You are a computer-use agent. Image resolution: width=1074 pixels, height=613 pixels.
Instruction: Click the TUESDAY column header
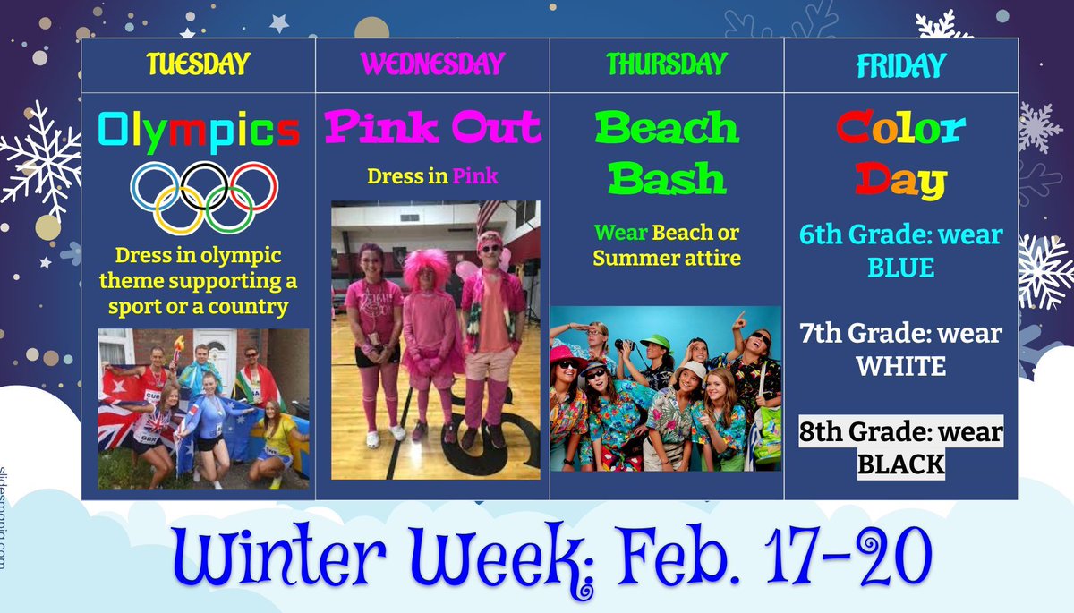click(x=198, y=64)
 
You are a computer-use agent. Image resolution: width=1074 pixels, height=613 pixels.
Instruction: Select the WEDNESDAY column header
click(x=432, y=64)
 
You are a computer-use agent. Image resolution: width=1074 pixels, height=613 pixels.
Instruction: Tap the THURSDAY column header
click(x=667, y=64)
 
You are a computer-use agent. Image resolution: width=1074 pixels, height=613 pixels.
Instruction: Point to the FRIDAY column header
click(x=901, y=65)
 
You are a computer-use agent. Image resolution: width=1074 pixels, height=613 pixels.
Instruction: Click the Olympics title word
click(x=198, y=131)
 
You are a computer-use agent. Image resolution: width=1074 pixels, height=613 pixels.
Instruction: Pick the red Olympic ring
click(x=252, y=185)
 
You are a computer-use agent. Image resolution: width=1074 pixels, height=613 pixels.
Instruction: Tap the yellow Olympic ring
click(x=180, y=209)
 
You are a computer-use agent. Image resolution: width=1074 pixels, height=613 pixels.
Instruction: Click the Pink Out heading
click(x=432, y=127)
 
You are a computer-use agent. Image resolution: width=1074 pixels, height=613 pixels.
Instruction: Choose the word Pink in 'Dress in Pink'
click(x=475, y=176)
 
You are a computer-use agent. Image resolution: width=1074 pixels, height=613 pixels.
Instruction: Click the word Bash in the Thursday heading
click(x=667, y=179)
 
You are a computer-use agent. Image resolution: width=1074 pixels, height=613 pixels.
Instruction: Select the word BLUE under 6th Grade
click(x=901, y=268)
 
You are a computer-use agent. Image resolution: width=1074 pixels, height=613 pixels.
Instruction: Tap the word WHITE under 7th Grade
click(x=901, y=367)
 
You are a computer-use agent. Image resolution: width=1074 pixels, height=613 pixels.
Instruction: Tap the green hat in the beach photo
click(x=654, y=343)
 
